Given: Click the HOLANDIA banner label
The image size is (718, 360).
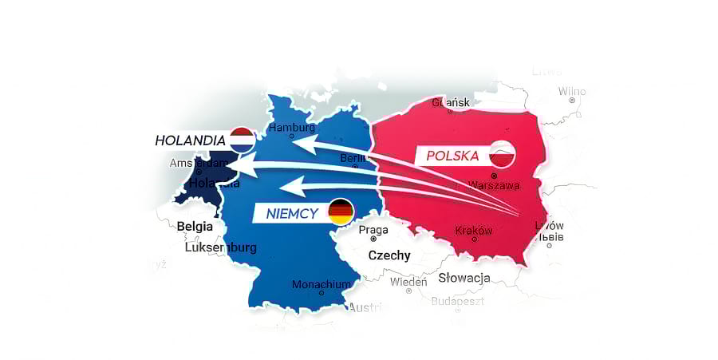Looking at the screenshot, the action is (x=190, y=140).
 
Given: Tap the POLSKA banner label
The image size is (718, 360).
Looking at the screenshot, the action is (x=452, y=156).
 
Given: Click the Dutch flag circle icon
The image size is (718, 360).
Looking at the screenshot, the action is (x=242, y=140).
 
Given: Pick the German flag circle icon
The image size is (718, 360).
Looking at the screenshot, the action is (x=341, y=212).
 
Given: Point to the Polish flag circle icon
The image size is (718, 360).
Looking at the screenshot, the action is (x=502, y=154).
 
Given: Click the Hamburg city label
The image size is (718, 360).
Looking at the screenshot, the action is (x=292, y=128).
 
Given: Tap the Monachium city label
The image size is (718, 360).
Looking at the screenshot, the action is (x=322, y=284).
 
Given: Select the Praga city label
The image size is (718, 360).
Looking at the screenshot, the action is (x=373, y=230).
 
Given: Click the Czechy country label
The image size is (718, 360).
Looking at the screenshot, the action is (x=389, y=255).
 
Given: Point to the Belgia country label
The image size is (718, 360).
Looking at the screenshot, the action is (x=195, y=226).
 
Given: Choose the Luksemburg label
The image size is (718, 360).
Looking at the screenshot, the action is (x=221, y=247).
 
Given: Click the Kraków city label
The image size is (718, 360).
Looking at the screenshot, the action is (x=474, y=230).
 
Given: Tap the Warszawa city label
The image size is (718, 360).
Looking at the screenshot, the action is (x=494, y=185).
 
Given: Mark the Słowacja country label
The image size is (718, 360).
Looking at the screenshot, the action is (x=464, y=278).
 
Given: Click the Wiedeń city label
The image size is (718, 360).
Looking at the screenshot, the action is (x=408, y=282).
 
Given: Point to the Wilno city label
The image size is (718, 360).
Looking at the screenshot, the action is (x=572, y=92).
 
